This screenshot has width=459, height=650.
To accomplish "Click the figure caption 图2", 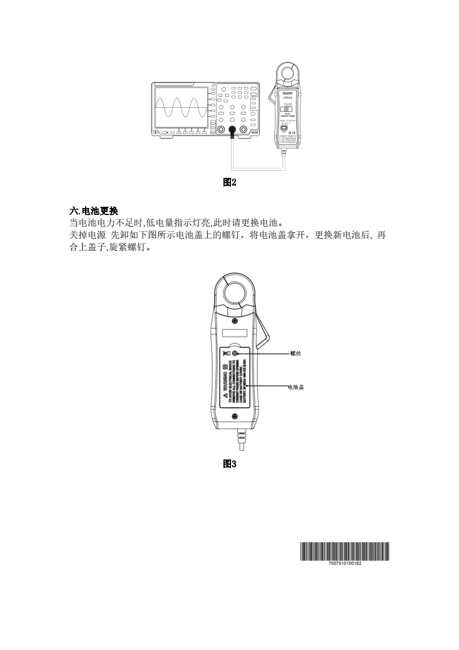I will (230, 182).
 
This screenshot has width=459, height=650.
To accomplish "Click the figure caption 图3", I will (230, 463).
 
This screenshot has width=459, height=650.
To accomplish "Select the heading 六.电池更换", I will (93, 211).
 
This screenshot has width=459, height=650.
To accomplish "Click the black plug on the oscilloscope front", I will (232, 132).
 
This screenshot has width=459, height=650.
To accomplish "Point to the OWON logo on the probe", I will (288, 92).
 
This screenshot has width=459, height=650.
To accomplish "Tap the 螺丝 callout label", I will (295, 353).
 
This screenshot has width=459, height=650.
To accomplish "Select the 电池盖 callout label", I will (296, 386).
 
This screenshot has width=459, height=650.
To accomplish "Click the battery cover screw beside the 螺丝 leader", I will (235, 353).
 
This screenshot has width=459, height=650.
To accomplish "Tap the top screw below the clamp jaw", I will (234, 321).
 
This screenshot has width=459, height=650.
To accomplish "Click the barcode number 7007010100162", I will (344, 563).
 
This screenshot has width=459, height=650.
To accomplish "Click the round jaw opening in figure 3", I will (234, 292).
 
